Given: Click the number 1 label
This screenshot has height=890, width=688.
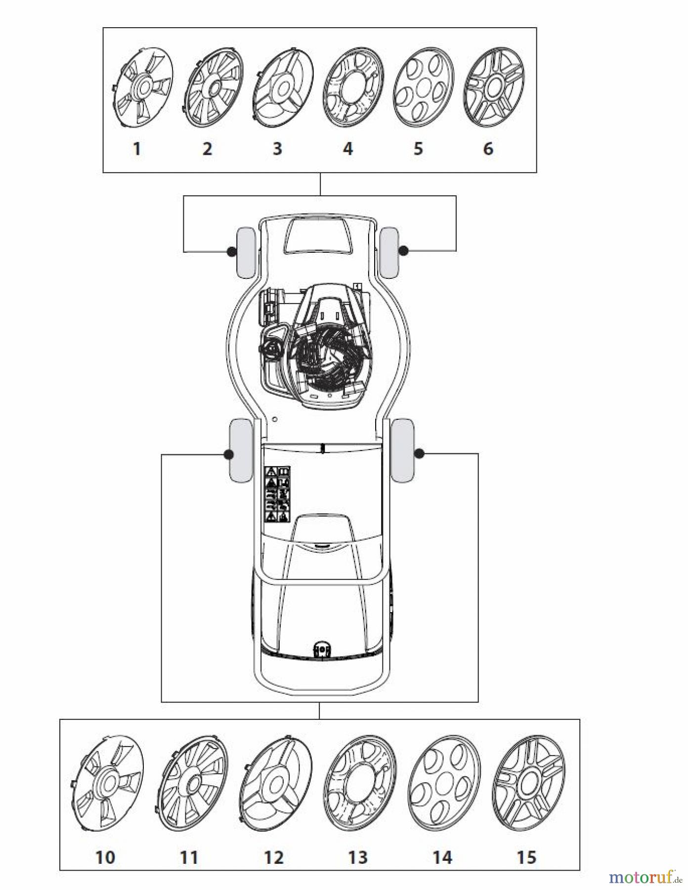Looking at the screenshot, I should click(137, 148).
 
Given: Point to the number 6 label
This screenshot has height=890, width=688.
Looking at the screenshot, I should click(488, 148).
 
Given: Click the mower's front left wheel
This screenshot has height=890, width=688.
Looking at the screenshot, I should click(246, 252).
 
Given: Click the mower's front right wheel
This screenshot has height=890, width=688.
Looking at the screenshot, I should click(390, 252).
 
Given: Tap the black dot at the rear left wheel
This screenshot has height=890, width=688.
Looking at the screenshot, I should click(228, 454).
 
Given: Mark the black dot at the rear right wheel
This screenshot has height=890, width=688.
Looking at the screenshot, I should click(420, 453).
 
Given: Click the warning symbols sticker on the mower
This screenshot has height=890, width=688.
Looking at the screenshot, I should click(278, 494).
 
